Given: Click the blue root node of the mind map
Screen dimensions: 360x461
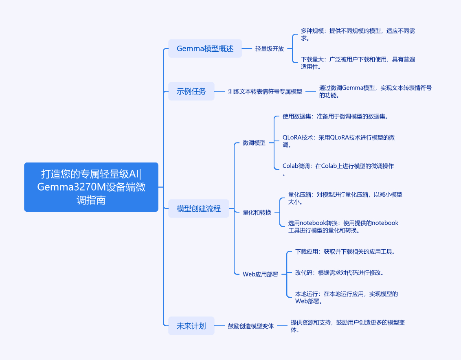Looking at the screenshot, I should coord(91,187).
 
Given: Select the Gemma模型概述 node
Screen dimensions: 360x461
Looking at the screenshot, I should coord(205,48).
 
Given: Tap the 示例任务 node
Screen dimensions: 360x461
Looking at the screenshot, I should coord(191,91).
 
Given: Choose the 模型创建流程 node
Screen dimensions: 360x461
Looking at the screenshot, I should coord(199,209).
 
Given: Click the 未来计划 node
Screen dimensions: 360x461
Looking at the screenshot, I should coord(191,326).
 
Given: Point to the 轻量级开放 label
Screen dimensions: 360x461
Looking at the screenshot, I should coord(269,49).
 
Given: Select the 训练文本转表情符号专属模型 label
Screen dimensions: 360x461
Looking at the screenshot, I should coord(265,92).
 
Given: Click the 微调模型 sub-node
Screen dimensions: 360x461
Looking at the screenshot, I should coord(254,143).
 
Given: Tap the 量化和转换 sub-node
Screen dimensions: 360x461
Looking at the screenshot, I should coord(257,212).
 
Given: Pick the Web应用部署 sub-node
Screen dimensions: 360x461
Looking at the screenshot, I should coord(260,274).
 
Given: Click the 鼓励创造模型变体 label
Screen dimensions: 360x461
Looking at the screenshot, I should coord(251,326).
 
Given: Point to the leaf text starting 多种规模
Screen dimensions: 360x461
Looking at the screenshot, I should coord(358,35).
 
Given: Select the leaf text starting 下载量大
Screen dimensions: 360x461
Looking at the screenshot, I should coord(358,63).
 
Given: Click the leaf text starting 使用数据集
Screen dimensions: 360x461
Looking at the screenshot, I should coord(335,116).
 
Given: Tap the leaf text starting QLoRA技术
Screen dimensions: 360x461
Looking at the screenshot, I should coord(338,141).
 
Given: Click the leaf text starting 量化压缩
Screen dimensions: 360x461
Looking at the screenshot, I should coord(345,198).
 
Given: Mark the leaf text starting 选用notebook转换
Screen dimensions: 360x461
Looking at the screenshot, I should coord(343,226).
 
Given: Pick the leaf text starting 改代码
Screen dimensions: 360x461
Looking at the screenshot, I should coord(339,273).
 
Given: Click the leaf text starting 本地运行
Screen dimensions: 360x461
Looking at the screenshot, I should coord(346,297).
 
